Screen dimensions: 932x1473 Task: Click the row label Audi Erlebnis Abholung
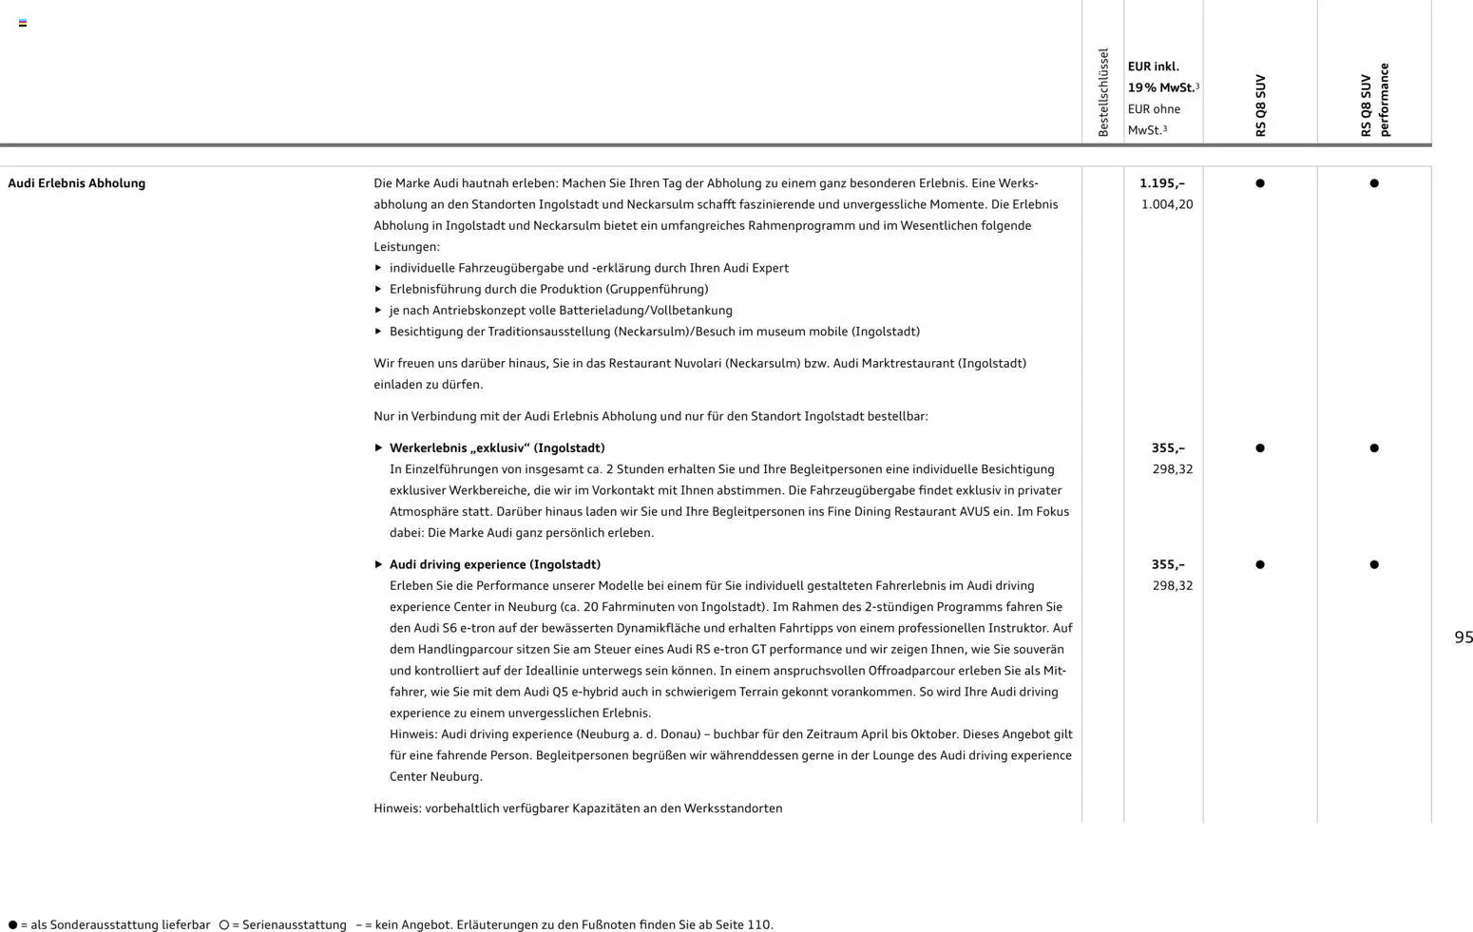76,183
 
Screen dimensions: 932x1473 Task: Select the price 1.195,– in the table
1161,183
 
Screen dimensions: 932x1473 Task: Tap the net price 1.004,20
1166,204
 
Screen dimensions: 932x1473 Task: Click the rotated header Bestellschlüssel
1103,92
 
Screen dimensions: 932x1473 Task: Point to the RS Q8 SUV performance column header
1374,100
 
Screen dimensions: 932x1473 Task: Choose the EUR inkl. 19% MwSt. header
1162,77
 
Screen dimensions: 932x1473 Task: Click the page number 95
1463,637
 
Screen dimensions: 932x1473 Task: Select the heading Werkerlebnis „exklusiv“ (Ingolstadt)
496,448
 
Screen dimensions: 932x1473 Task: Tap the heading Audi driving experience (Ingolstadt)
494,564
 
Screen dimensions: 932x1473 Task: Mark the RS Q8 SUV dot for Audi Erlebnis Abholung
1260,183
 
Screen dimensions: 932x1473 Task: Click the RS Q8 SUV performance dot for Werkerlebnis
1374,448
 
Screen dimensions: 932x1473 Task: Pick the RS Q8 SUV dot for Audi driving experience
1260,564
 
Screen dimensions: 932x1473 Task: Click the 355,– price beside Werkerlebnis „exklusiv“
1167,448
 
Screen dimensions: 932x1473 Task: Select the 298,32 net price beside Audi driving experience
1172,585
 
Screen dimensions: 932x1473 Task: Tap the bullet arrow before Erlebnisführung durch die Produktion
378,289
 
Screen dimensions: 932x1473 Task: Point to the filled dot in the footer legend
12,925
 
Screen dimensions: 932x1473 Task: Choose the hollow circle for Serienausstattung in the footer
223,925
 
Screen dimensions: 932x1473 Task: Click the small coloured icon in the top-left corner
23,23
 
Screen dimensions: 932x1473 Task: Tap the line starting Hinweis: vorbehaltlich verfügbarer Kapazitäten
578,808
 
